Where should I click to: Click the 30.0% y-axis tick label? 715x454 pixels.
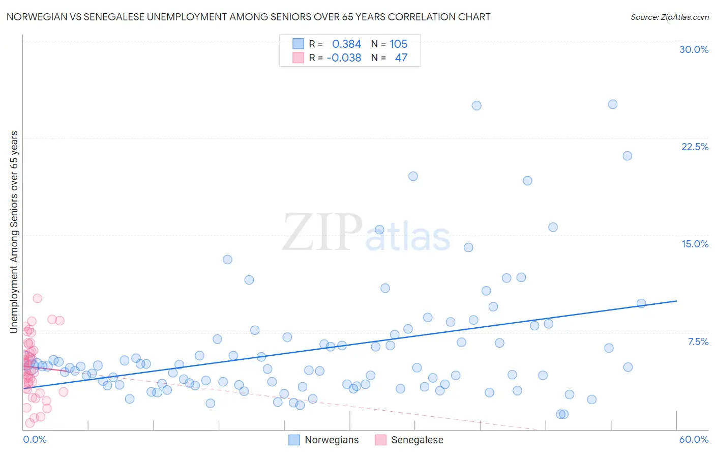(694, 49)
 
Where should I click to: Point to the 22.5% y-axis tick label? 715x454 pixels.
(695, 147)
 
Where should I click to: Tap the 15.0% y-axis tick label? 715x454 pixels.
(695, 244)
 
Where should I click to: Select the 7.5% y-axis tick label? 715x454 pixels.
(698, 342)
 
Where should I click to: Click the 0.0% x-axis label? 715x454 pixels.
(35, 439)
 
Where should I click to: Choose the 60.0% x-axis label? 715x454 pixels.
(694, 439)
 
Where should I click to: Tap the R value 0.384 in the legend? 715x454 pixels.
(346, 44)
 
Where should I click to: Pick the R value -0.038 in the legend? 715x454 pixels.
(344, 58)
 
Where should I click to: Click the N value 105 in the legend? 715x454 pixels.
(399, 44)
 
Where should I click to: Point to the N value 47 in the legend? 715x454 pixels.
(401, 58)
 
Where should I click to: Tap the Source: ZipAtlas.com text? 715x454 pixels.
(669, 17)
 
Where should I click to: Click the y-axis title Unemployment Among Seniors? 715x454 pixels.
(14, 232)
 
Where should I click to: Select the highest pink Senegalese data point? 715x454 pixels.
(37, 298)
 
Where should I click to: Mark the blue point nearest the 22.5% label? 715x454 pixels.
(627, 156)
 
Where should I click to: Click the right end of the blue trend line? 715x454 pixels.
(676, 301)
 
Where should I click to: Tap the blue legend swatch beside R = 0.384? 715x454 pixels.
(298, 44)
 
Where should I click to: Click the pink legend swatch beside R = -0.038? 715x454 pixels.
(298, 58)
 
